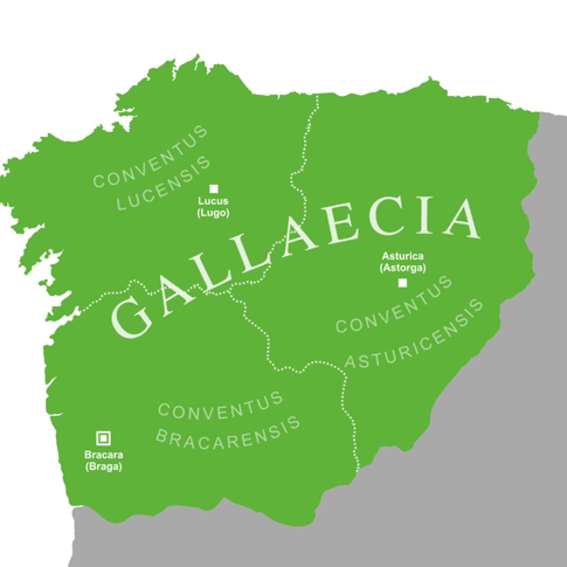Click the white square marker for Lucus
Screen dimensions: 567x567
coord(214,189)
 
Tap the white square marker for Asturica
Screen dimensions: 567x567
coord(402,283)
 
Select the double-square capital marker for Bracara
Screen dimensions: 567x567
coord(103,439)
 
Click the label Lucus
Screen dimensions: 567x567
coord(213,201)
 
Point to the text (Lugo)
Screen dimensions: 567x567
coord(213,213)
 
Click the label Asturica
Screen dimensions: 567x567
coord(403,256)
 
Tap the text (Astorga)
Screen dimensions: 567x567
coord(403,268)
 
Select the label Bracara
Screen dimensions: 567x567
coord(104,455)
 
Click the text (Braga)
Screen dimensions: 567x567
coord(104,466)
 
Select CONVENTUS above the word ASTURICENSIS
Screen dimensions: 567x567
coord(394,305)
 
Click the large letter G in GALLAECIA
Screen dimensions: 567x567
coord(132,316)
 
